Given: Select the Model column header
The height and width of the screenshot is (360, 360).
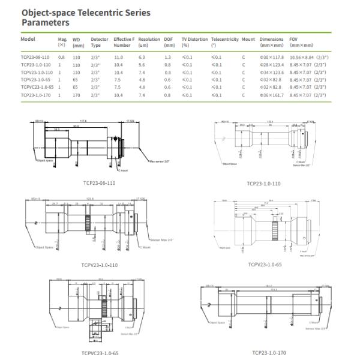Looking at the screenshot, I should click(28, 39).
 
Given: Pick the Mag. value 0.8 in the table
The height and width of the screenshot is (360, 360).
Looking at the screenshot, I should click(61, 57).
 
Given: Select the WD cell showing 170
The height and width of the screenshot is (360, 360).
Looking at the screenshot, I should click(77, 95).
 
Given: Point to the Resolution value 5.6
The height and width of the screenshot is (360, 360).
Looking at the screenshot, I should click(142, 64).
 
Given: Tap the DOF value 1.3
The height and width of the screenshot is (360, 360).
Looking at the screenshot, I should click(168, 57).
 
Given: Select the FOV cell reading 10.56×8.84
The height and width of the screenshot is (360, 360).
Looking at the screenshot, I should click(307, 57).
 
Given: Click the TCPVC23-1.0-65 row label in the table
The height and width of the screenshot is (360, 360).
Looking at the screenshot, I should click(37, 87).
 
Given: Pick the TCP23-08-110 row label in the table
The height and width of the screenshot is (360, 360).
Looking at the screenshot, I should click(35, 57).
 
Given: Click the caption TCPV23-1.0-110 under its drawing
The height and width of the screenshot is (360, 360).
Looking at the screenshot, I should click(99, 264).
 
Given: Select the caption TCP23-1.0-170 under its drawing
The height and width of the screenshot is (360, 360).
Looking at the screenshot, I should click(269, 352).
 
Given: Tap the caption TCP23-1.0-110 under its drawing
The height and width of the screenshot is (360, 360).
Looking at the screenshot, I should click(263, 183).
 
